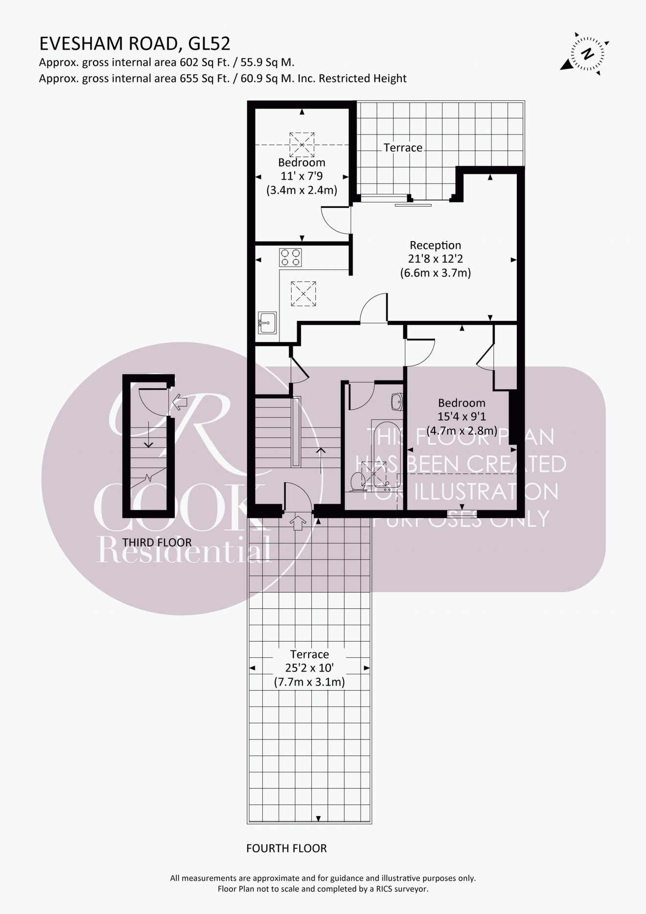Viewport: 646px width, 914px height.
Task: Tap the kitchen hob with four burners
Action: (291, 257)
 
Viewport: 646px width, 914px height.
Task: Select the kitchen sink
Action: (267, 322)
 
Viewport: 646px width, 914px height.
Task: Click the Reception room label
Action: (435, 245)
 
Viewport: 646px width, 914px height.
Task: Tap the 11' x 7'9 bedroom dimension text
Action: (301, 176)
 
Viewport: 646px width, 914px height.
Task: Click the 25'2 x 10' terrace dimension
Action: (309, 668)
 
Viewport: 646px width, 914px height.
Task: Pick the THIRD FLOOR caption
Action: (157, 542)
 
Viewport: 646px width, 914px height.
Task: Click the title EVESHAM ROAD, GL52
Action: (135, 44)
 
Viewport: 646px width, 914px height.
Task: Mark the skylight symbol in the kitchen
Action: (303, 293)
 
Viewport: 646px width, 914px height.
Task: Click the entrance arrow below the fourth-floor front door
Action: (297, 522)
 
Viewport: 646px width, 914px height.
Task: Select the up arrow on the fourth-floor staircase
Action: (321, 460)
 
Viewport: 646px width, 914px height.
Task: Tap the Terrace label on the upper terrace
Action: (403, 148)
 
